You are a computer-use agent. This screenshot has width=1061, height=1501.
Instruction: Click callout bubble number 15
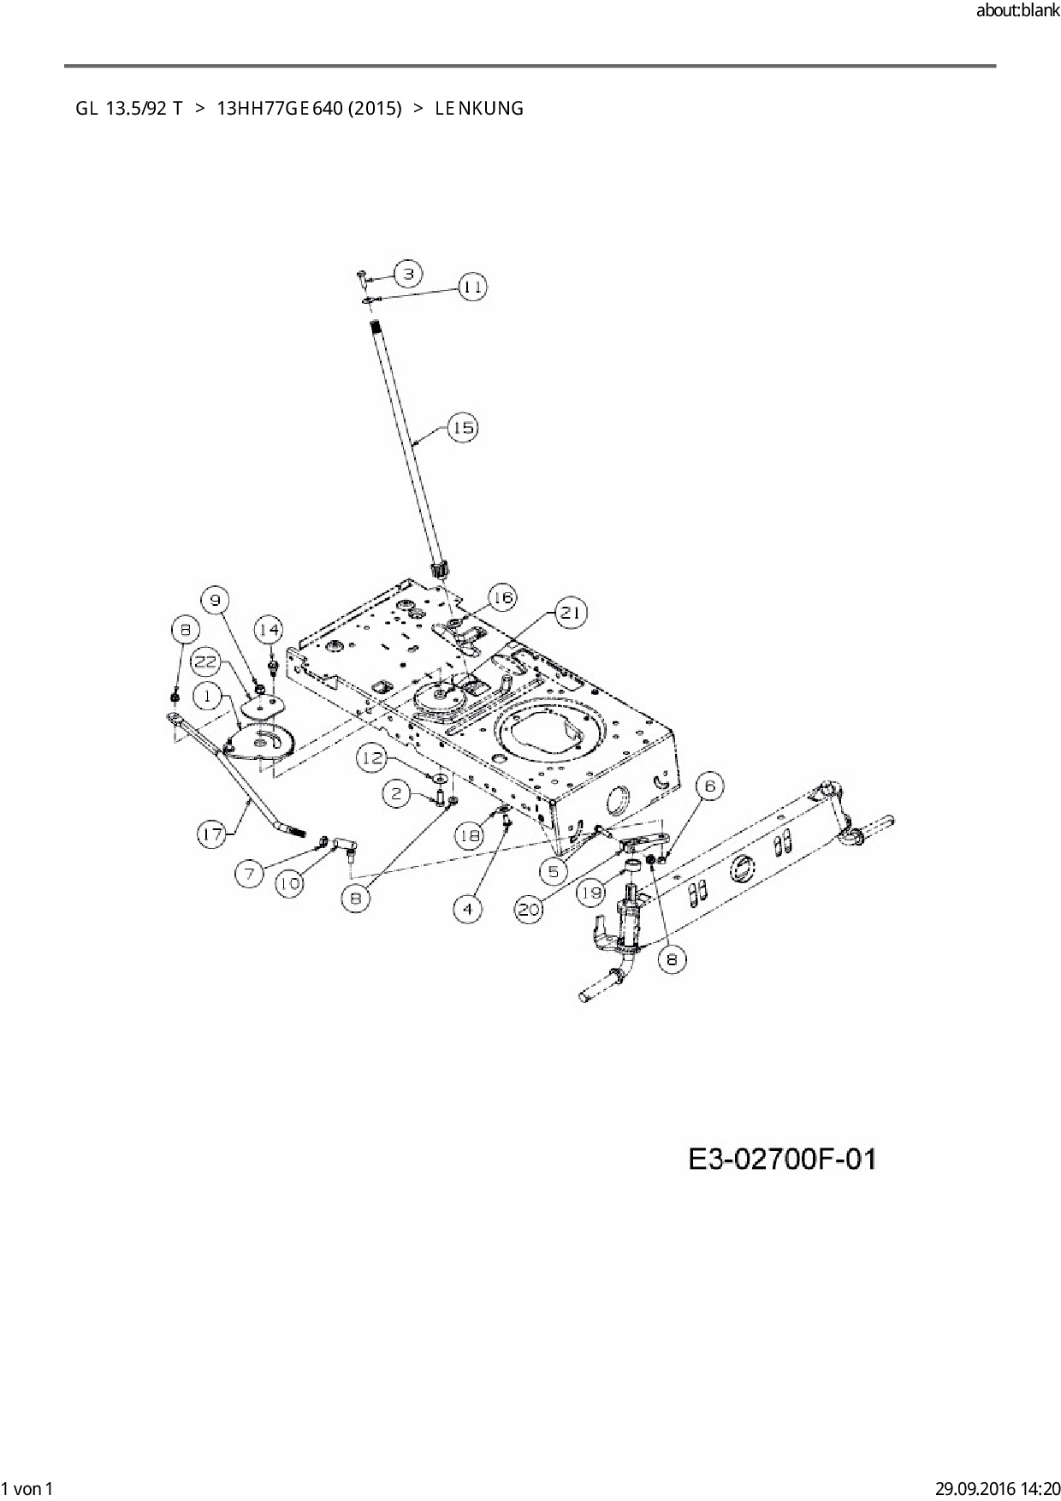pos(463,427)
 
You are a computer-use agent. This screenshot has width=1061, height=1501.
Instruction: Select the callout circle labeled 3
pos(408,274)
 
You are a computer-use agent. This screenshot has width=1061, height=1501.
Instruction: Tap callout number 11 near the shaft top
pos(471,287)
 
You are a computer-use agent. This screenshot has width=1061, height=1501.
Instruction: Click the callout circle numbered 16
pos(502,597)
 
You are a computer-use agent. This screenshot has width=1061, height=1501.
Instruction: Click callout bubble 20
pos(529,909)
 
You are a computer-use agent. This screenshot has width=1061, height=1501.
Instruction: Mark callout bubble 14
pos(269,631)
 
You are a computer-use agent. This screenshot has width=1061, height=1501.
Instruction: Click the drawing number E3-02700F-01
pos(782,1160)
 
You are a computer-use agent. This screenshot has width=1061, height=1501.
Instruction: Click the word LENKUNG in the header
pos(479,109)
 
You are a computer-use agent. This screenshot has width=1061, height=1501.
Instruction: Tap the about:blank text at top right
pos(1017,11)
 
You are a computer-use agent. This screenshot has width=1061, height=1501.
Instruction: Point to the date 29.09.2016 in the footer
pos(972,1488)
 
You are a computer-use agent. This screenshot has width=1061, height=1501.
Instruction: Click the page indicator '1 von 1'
pos(27,1488)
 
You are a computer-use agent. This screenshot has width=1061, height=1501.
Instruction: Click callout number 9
pos(216,599)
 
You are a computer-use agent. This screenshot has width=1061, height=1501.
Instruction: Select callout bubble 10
pos(290,883)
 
